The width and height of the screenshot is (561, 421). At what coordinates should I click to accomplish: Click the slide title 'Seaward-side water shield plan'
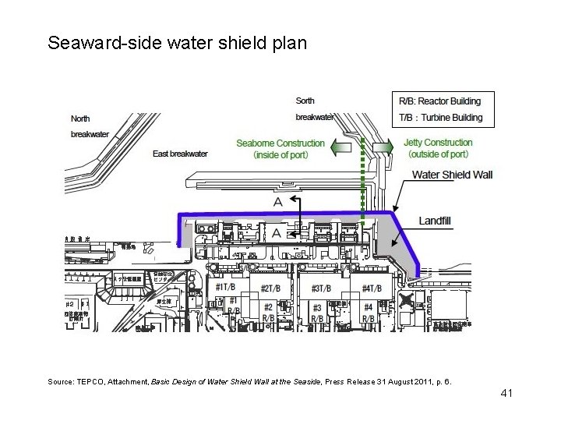(177, 42)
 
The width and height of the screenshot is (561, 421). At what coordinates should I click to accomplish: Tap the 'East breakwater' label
(180, 154)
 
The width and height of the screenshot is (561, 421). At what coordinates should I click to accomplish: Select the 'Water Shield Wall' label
(452, 175)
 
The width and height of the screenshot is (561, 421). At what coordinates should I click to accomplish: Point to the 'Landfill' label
(435, 221)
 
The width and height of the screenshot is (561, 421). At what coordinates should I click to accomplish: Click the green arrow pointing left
(340, 147)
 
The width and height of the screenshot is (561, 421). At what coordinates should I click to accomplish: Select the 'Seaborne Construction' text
(280, 143)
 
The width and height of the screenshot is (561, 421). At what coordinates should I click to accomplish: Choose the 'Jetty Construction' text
(438, 143)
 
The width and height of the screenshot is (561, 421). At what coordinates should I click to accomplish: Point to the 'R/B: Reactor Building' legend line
(439, 101)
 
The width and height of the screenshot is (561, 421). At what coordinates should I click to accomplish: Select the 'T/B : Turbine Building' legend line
(440, 118)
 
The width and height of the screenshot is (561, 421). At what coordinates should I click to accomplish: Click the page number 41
(506, 393)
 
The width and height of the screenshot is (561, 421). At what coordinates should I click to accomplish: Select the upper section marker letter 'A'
(278, 201)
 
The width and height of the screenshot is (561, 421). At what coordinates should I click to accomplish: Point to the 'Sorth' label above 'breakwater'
(305, 101)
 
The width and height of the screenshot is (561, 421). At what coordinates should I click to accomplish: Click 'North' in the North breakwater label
(80, 119)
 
